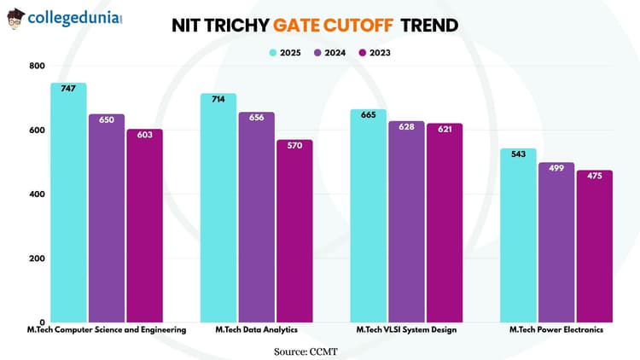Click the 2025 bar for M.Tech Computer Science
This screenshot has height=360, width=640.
(68, 205)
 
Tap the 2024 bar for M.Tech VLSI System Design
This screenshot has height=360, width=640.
(406, 222)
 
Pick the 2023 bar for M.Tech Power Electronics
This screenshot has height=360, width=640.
(594, 247)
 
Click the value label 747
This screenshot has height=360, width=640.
(68, 89)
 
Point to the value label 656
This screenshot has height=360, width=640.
(257, 118)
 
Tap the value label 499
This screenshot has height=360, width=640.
(556, 168)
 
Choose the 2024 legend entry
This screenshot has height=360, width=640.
(329, 52)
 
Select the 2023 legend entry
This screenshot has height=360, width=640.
(374, 52)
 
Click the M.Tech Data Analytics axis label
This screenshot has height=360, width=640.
(256, 329)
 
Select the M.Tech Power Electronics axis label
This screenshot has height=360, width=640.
(556, 329)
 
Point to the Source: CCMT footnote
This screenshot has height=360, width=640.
(319, 351)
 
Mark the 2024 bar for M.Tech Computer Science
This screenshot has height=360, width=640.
(107, 218)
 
